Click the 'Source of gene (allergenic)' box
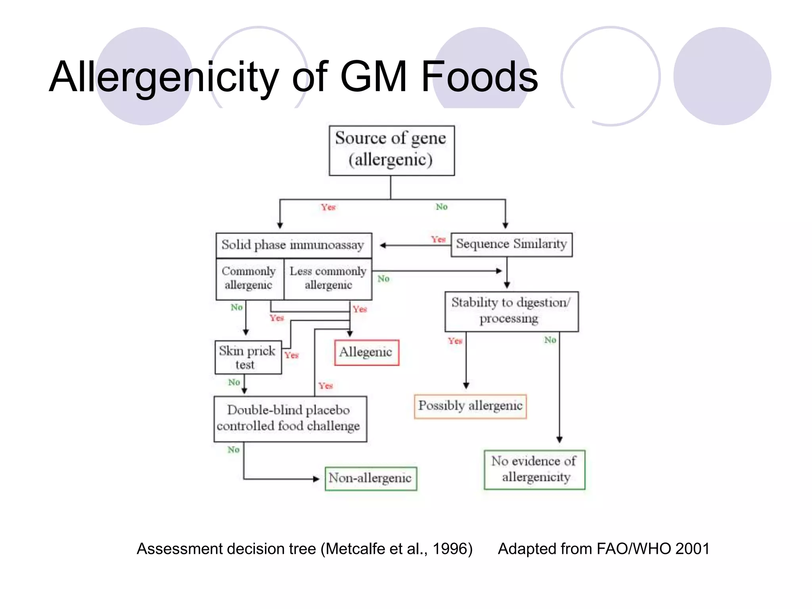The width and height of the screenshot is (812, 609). (x=391, y=150)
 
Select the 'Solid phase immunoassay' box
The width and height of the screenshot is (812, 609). (x=293, y=245)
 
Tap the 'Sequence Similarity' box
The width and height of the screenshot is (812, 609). (x=511, y=244)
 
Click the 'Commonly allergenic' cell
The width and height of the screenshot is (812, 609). (x=249, y=278)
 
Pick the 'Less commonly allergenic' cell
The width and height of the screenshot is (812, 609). (x=328, y=278)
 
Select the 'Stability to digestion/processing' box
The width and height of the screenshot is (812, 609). (x=511, y=311)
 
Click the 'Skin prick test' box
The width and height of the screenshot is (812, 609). (x=248, y=357)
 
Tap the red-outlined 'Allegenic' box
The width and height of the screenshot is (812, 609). (x=366, y=352)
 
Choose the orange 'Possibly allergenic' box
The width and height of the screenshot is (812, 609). (x=470, y=406)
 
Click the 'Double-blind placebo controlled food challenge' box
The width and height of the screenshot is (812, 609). (x=290, y=418)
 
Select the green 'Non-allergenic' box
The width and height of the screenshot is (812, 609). (x=370, y=478)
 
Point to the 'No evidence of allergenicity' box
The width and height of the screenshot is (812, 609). (x=534, y=469)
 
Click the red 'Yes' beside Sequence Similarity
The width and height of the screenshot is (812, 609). (x=438, y=239)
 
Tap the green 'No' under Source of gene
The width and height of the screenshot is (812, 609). (x=441, y=207)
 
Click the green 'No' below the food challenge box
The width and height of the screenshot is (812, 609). (x=234, y=450)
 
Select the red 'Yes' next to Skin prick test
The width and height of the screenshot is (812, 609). (x=291, y=355)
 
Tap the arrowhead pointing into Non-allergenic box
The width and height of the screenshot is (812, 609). (x=316, y=479)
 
